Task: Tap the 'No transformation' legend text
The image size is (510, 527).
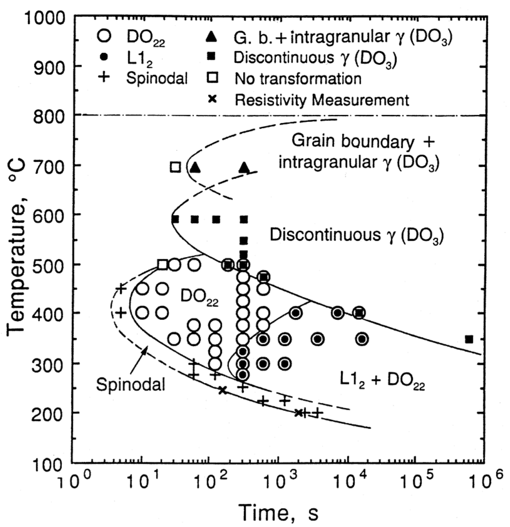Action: [x=298, y=79]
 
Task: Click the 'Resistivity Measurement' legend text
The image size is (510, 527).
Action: [x=322, y=100]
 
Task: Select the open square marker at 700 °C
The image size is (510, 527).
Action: [x=176, y=167]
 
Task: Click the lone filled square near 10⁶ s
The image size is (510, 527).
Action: [x=468, y=339]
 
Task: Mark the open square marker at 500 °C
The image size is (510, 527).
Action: [x=162, y=265]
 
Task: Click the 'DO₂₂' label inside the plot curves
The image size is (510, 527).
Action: [x=199, y=297]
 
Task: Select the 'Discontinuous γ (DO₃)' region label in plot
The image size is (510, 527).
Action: [x=356, y=235]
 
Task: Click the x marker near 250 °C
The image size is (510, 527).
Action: [x=222, y=390]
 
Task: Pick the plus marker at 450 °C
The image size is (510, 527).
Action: [x=121, y=288]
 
